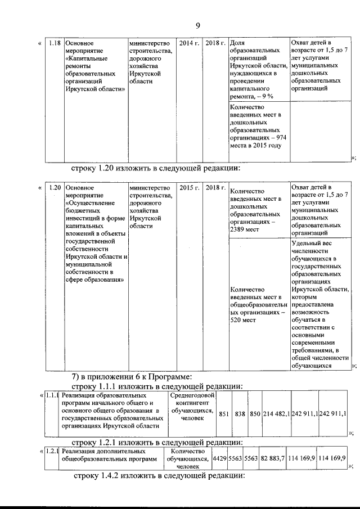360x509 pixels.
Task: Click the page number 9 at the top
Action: click(x=198, y=25)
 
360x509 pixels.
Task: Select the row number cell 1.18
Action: click(x=55, y=43)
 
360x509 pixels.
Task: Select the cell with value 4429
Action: click(x=219, y=459)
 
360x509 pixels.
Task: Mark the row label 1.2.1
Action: click(x=52, y=451)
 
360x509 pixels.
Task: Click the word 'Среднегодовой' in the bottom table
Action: click(x=191, y=395)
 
